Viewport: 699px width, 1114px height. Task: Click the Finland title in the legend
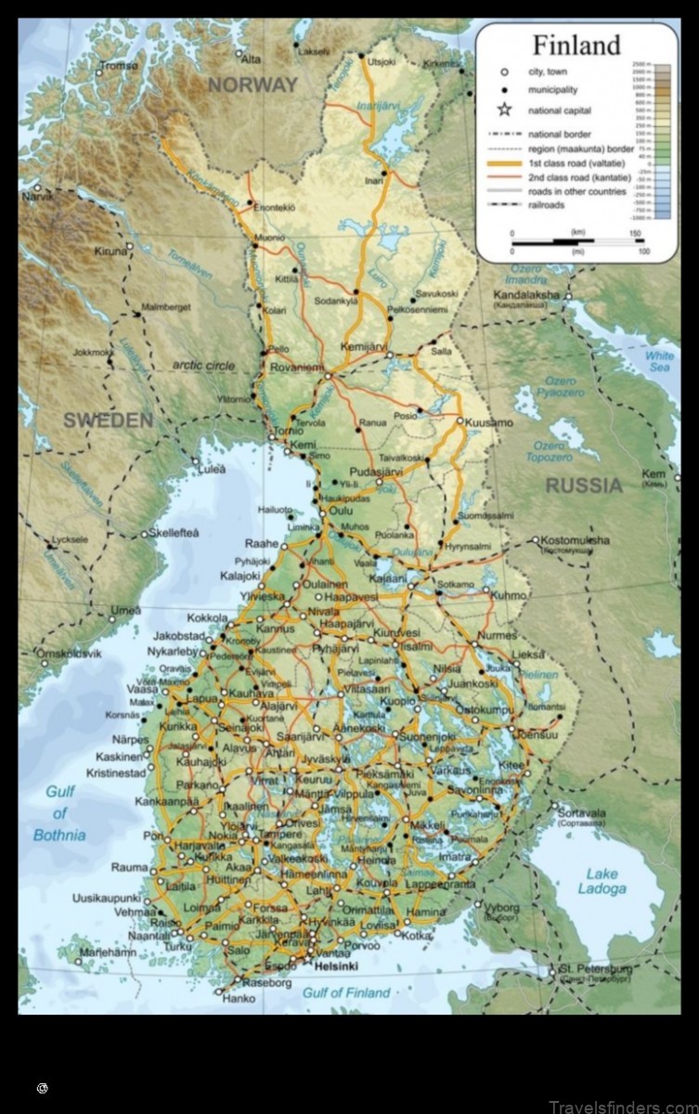(x=576, y=45)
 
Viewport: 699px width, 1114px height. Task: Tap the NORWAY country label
(x=252, y=85)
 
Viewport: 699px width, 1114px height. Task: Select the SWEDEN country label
(x=108, y=421)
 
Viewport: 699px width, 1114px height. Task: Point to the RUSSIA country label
(x=584, y=486)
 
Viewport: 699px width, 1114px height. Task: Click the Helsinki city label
(x=336, y=966)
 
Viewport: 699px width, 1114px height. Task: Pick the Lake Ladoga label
(x=602, y=881)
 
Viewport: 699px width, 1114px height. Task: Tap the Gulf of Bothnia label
(x=59, y=813)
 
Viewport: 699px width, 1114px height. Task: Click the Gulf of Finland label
(x=346, y=992)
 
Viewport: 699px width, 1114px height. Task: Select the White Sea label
(x=660, y=361)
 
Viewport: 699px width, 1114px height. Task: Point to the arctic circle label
(x=203, y=366)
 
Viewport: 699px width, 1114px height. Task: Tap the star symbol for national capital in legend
(x=504, y=110)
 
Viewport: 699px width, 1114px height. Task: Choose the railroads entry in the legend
(x=546, y=204)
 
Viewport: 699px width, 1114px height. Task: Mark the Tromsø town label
(x=119, y=66)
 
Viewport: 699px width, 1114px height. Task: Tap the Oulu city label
(x=342, y=511)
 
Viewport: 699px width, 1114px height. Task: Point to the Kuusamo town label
(x=488, y=422)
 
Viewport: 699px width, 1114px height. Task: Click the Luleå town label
(x=211, y=470)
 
